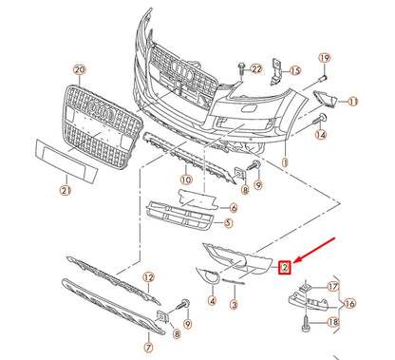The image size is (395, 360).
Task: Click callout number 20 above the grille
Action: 79,70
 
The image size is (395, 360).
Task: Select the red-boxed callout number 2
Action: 284,269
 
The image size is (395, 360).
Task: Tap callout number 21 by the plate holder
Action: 66,191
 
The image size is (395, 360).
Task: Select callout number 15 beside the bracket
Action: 294,70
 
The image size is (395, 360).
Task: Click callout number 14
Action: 319,136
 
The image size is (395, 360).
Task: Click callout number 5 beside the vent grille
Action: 227,224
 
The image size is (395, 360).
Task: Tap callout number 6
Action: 234,206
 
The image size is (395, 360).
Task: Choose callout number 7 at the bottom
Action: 146,335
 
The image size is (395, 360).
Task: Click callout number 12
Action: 148,276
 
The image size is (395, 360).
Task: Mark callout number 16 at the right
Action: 350,303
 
